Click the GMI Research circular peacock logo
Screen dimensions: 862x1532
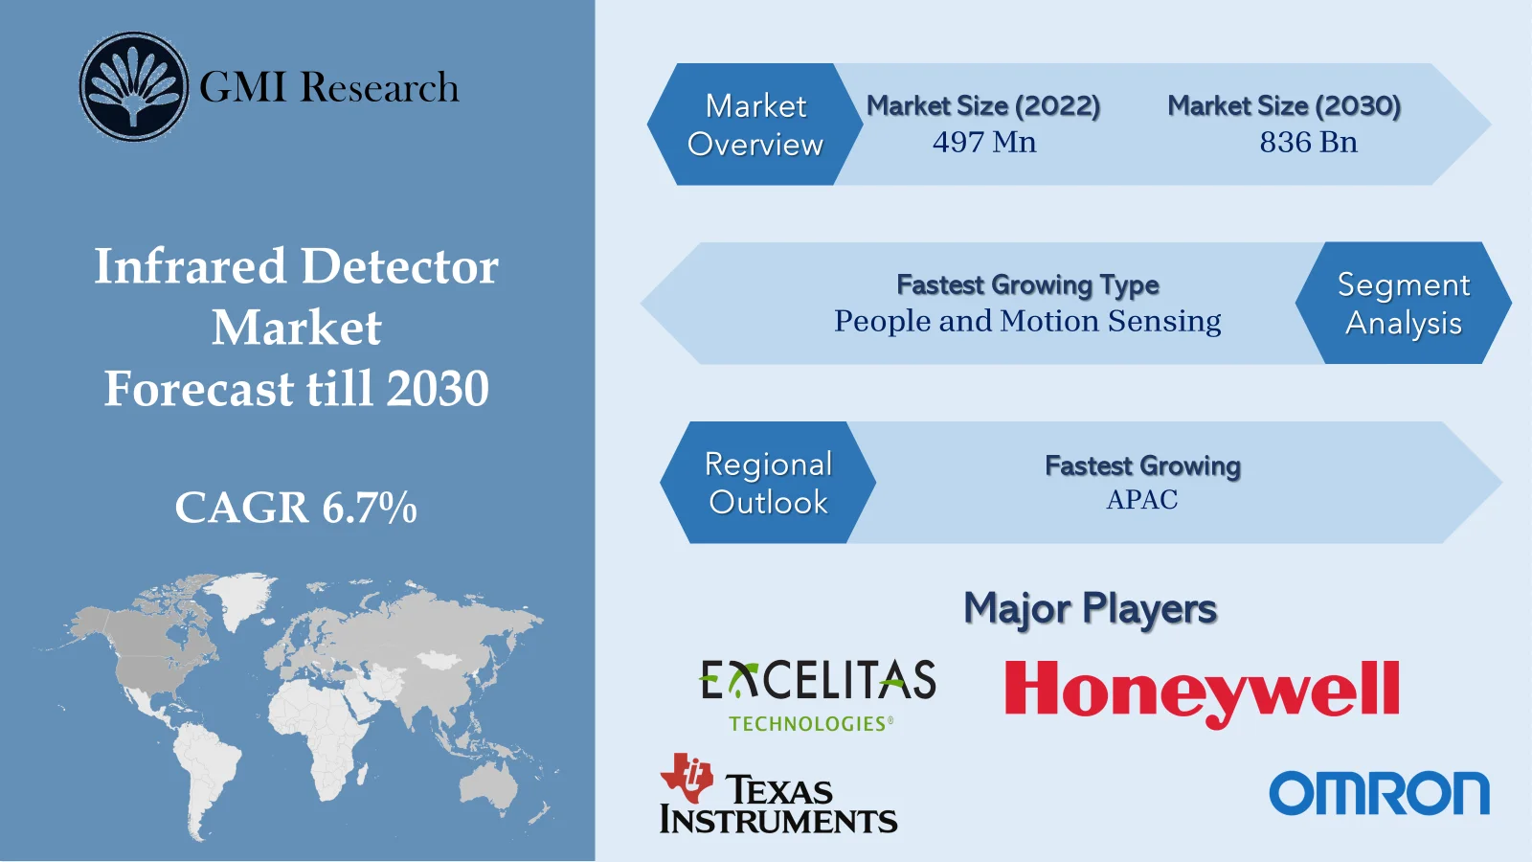pyautogui.click(x=133, y=86)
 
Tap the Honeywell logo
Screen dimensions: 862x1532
pyautogui.click(x=1202, y=691)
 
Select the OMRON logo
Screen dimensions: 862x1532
pyautogui.click(x=1379, y=793)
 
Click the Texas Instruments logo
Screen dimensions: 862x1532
pyautogui.click(x=777, y=795)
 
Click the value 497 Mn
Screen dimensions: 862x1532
pyautogui.click(x=984, y=143)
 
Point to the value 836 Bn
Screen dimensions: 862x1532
pyautogui.click(x=1308, y=143)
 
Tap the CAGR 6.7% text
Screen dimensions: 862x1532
pyautogui.click(x=296, y=508)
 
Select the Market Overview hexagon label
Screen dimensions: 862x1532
pyautogui.click(x=755, y=125)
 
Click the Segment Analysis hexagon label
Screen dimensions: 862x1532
pyautogui.click(x=1403, y=304)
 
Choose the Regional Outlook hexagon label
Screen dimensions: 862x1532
pyautogui.click(x=768, y=483)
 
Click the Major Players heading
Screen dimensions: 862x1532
pyautogui.click(x=1090, y=609)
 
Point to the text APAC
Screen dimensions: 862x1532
pyautogui.click(x=1142, y=500)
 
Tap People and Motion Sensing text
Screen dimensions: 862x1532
pyautogui.click(x=1027, y=321)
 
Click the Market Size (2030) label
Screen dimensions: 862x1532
pyautogui.click(x=1284, y=105)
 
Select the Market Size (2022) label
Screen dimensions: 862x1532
pyautogui.click(x=983, y=105)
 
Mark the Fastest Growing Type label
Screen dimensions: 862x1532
pyautogui.click(x=1027, y=284)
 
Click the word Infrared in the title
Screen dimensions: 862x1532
pyautogui.click(x=190, y=266)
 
